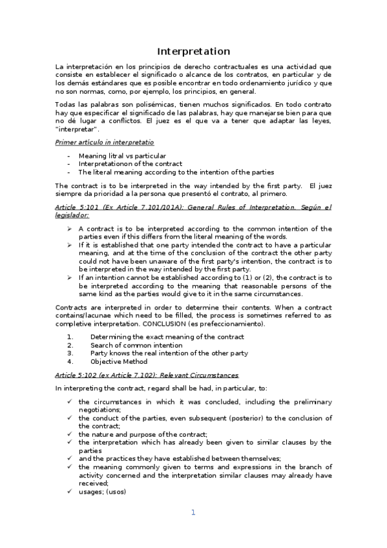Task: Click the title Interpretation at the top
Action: point(194,51)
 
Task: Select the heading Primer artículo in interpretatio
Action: point(105,142)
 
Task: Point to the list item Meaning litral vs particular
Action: point(121,156)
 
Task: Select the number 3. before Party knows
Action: point(70,353)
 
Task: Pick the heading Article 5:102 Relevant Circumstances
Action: point(147,375)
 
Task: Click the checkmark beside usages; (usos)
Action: point(69,490)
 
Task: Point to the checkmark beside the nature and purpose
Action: point(69,434)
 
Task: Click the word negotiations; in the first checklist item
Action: point(99,410)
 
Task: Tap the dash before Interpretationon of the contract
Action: point(68,164)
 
